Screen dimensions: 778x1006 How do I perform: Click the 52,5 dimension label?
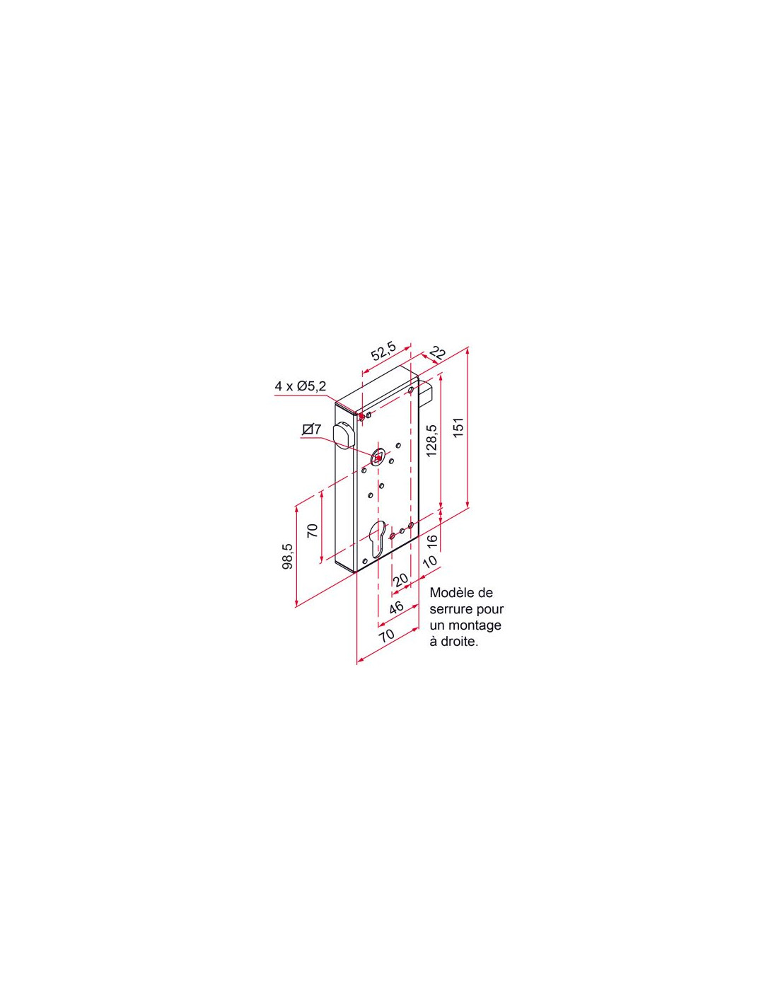[384, 352]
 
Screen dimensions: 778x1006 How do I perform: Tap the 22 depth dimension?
[437, 354]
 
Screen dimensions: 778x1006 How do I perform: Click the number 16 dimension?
[431, 540]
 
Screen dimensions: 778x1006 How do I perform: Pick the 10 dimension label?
[429, 562]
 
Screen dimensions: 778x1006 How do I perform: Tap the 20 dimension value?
[400, 579]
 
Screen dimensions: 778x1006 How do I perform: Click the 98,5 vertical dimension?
[287, 556]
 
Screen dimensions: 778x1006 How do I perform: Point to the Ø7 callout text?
[311, 429]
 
